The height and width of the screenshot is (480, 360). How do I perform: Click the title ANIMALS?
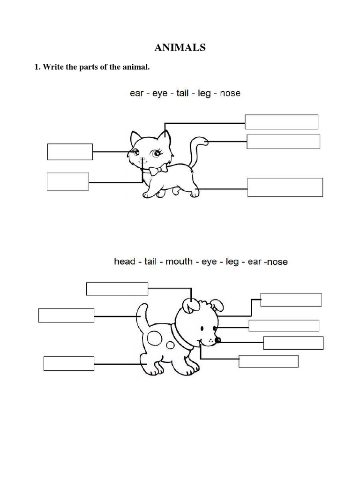tap(180, 47)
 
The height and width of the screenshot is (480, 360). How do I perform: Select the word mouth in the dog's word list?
tap(179, 261)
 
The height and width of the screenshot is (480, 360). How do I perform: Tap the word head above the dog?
tap(125, 261)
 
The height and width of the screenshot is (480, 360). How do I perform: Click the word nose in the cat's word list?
tap(230, 93)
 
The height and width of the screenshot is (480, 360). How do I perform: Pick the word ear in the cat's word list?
tap(137, 93)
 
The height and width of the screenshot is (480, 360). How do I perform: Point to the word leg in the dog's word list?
tap(232, 261)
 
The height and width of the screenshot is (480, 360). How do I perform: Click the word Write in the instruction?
tap(52, 67)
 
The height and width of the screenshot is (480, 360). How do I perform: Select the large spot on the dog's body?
tap(155, 337)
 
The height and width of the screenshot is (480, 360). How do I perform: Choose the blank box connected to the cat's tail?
tap(283, 142)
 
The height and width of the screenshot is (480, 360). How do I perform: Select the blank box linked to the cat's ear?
tap(281, 122)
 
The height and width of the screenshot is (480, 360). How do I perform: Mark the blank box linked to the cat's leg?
tap(285, 187)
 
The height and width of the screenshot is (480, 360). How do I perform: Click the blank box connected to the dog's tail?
tap(66, 315)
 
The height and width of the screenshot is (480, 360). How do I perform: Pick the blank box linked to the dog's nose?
tap(293, 343)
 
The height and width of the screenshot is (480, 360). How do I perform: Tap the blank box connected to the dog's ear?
tap(117, 289)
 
